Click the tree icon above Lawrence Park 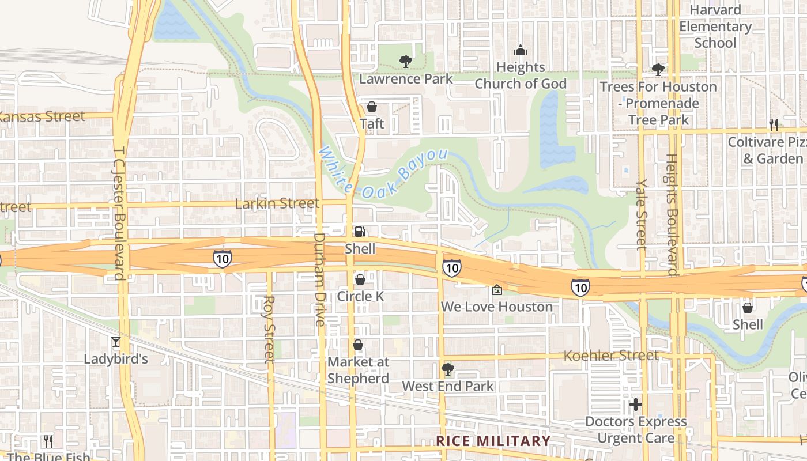click(405, 61)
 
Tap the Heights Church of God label click(521, 75)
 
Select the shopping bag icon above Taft click(372, 107)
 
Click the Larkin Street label click(277, 203)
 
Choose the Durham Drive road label click(320, 279)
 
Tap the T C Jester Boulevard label click(119, 211)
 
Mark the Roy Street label click(269, 329)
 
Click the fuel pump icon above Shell click(360, 232)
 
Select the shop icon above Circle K click(360, 279)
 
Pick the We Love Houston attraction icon click(497, 290)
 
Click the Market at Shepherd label click(358, 370)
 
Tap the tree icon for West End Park click(447, 369)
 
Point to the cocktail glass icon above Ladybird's click(116, 342)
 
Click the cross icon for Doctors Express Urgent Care click(636, 405)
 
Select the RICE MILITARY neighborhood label click(493, 441)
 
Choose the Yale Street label click(642, 214)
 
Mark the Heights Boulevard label click(672, 214)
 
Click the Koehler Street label click(610, 355)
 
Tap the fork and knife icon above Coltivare click(773, 124)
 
